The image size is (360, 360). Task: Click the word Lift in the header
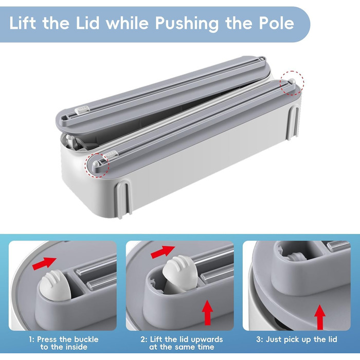click(23, 23)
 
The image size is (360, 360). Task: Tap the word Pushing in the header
click(187, 24)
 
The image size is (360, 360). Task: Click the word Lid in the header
click(88, 23)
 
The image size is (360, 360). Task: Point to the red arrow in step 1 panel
click(44, 263)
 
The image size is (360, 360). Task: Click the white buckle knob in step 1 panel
click(55, 285)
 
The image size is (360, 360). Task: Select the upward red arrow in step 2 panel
click(208, 312)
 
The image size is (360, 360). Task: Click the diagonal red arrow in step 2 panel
click(163, 252)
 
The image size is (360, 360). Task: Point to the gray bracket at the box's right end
click(294, 122)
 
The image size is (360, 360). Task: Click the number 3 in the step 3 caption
click(259, 339)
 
